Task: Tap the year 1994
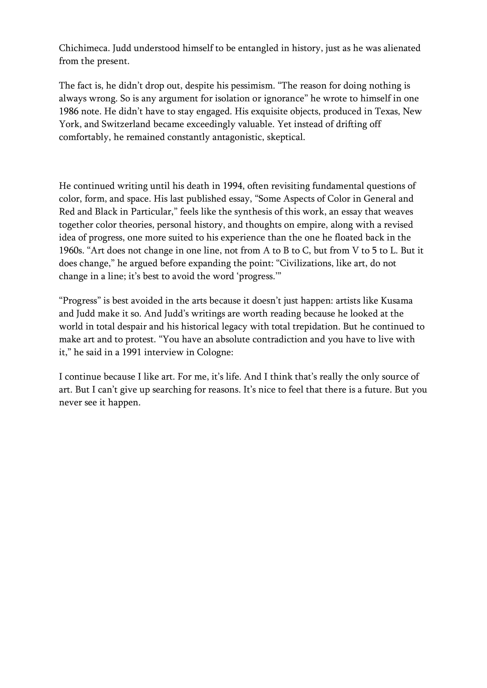coord(232,186)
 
